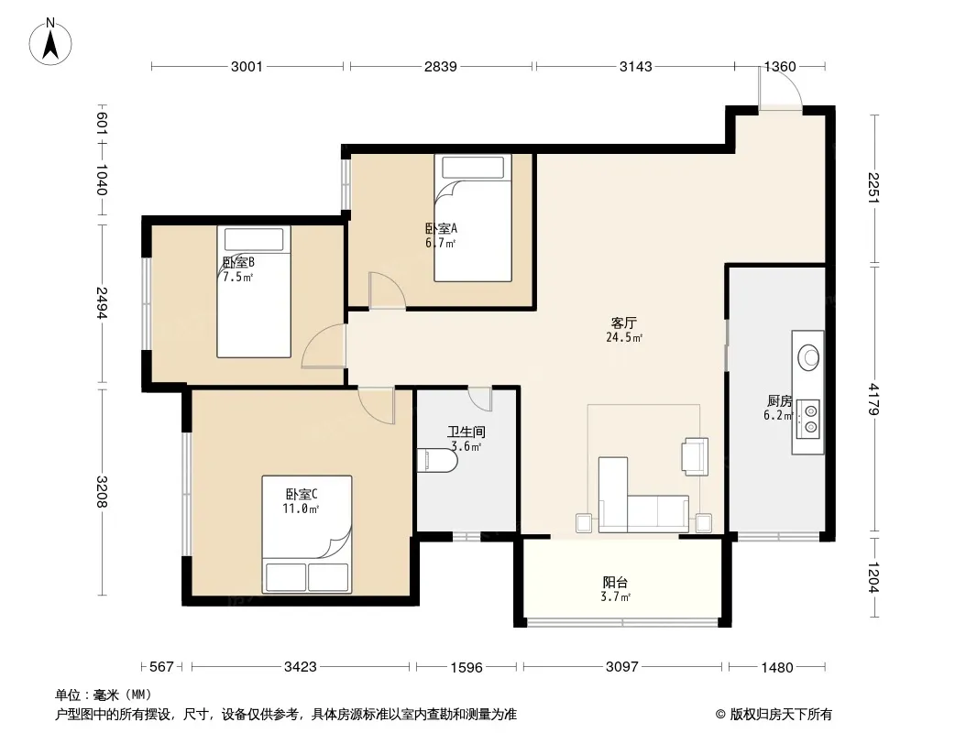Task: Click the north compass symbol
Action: click(x=50, y=41)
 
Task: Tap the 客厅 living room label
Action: click(x=623, y=323)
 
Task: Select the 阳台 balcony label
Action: click(x=615, y=583)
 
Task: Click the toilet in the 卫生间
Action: click(x=437, y=460)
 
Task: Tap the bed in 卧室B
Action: click(x=254, y=291)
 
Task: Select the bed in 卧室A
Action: click(x=473, y=218)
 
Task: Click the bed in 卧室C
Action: click(x=306, y=534)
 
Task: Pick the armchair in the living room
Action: click(x=696, y=457)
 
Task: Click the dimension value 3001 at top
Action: click(x=247, y=66)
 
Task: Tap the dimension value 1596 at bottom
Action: click(x=467, y=668)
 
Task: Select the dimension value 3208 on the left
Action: click(x=102, y=491)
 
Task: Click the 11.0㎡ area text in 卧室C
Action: click(x=301, y=509)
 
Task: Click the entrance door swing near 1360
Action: click(x=780, y=87)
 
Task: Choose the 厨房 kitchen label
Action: click(x=779, y=400)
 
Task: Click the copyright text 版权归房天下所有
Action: click(x=781, y=715)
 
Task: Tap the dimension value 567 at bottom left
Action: click(x=161, y=667)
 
